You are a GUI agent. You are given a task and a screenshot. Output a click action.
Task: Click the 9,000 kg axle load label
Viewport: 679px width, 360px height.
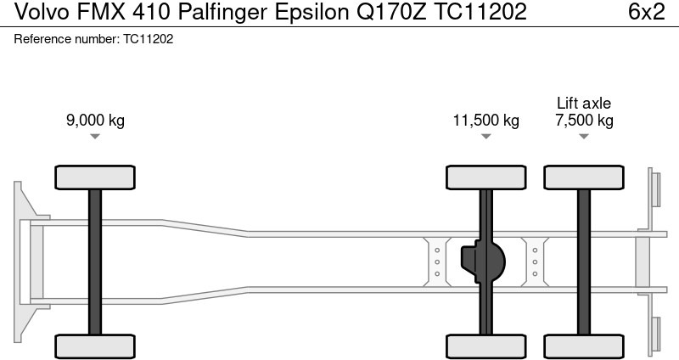point(95,120)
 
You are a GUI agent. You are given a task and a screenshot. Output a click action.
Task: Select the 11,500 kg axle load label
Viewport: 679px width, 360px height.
point(485,120)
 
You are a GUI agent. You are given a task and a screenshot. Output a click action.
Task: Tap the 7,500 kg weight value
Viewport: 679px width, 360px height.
point(584,120)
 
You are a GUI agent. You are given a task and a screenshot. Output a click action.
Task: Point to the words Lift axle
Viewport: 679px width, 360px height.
point(584,103)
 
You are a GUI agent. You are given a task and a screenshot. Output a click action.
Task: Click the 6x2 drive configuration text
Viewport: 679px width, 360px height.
point(647,12)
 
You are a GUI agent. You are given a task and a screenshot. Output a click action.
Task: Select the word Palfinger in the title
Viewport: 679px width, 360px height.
point(223,12)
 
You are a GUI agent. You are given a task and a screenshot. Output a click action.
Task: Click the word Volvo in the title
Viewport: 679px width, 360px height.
point(42,12)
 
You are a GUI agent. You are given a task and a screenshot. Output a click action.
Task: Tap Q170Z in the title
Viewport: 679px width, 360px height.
point(391,12)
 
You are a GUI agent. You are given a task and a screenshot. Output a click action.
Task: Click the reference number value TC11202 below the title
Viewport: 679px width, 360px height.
point(148,39)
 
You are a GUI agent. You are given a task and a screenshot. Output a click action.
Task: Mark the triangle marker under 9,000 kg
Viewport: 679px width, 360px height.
point(95,137)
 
